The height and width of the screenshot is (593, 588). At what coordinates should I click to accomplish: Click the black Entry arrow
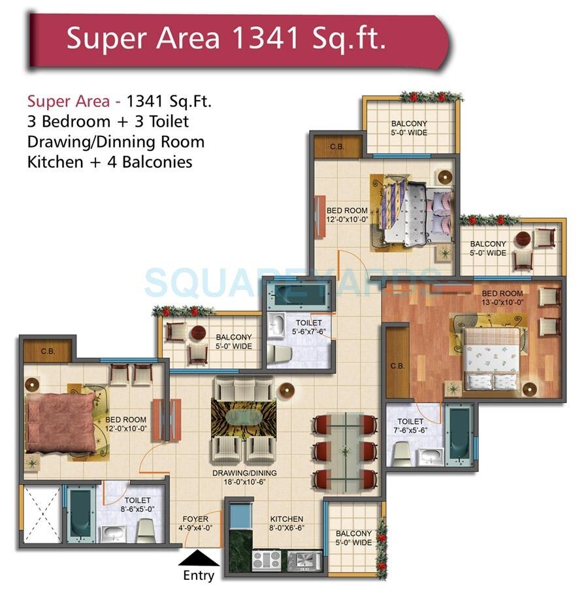[199, 558]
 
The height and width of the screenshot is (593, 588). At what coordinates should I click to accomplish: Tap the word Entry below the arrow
[199, 575]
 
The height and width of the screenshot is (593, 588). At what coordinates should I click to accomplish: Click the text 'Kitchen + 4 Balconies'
[110, 161]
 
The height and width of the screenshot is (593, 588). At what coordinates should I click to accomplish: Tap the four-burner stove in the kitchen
[266, 560]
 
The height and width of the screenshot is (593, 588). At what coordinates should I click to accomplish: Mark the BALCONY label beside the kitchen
[354, 537]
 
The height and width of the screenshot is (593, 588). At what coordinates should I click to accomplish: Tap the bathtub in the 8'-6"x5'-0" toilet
[81, 514]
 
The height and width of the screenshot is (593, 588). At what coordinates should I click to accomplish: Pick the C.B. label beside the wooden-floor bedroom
[397, 366]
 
